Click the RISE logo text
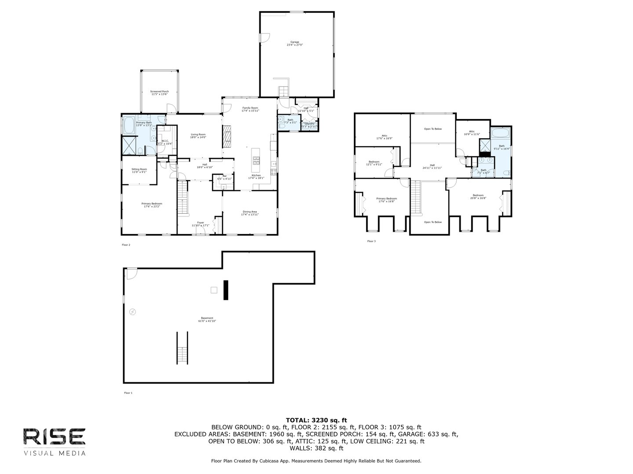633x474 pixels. [55, 436]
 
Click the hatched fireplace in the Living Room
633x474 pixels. [227, 137]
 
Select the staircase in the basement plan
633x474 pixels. [182, 347]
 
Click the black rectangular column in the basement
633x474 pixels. [226, 290]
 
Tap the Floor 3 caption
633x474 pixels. [371, 241]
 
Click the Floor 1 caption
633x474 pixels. [128, 393]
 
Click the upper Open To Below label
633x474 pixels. [433, 129]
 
